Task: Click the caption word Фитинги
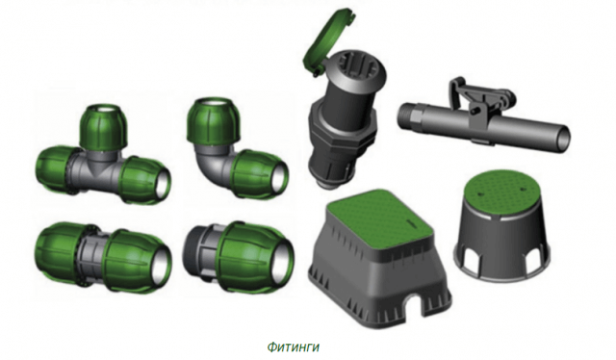coord(294,347)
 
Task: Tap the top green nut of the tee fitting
coord(104,126)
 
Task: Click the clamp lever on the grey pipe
coord(480,98)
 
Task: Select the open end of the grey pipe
coord(562,138)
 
